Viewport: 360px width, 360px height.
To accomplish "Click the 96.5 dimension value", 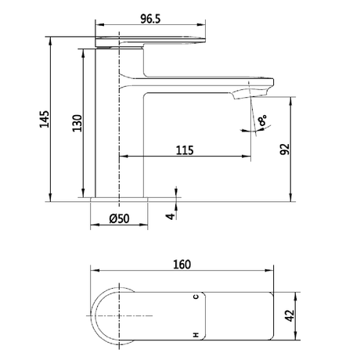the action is point(150,19).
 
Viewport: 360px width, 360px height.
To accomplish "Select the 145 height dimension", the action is point(45,119).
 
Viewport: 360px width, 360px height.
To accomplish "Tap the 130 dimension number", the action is point(77,123).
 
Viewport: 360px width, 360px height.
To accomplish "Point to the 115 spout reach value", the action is point(185,150).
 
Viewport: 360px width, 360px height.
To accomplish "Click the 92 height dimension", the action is point(285,149).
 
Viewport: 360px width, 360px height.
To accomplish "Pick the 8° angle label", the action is point(262,121).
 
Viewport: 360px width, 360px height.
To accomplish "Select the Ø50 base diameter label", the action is point(119,218).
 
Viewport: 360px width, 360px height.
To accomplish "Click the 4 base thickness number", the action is point(171,216).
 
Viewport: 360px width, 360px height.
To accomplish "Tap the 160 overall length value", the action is point(182,265).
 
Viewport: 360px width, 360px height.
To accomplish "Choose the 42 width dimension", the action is point(290,315).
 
